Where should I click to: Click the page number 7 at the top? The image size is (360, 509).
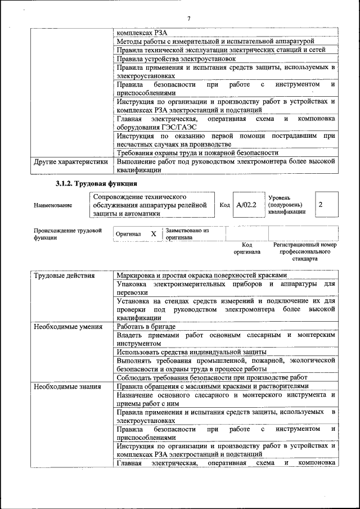click(x=188, y=19)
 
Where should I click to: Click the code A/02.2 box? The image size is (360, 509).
click(x=246, y=205)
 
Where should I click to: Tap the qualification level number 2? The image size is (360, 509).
click(x=321, y=205)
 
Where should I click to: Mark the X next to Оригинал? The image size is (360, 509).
click(x=153, y=233)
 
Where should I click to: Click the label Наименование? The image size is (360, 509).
click(x=53, y=206)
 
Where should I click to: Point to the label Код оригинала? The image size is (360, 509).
click(x=247, y=249)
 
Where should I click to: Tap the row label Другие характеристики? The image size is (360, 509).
click(x=70, y=161)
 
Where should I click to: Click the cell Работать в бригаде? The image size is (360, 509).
click(x=146, y=326)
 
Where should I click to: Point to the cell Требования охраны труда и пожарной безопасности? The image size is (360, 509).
click(x=197, y=152)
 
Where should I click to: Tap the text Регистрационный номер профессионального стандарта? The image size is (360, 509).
click(x=304, y=252)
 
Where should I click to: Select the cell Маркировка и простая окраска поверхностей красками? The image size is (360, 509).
click(x=202, y=276)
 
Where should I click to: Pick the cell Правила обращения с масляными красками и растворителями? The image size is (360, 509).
click(x=213, y=386)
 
